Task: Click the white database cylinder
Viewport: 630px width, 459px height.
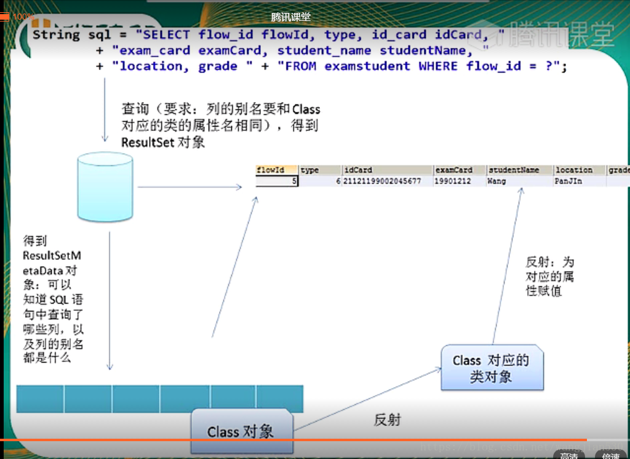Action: pos(105,187)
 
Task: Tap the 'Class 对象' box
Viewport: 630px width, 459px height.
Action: pos(241,431)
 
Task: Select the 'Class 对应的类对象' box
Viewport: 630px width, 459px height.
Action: pos(491,368)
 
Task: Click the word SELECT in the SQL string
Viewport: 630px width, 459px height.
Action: pos(166,34)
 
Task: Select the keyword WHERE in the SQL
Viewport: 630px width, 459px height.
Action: pos(438,66)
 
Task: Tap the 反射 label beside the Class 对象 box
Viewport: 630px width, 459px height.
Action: pos(388,420)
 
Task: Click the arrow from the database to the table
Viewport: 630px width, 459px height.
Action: pos(190,187)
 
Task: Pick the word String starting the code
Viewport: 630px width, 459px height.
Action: pos(56,34)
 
